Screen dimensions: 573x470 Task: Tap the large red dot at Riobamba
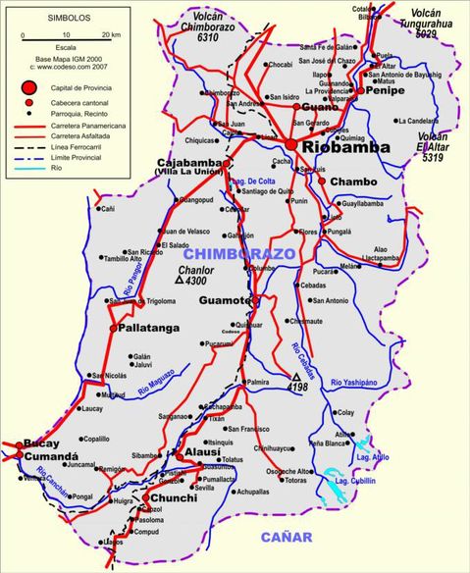[x=291, y=143]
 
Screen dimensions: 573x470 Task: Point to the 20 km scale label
[x=109, y=35]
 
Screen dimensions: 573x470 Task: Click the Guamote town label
[x=225, y=300]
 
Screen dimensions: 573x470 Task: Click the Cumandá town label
[x=46, y=456]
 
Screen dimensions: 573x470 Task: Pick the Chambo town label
[x=353, y=182]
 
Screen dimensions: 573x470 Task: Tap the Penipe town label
[x=387, y=89]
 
